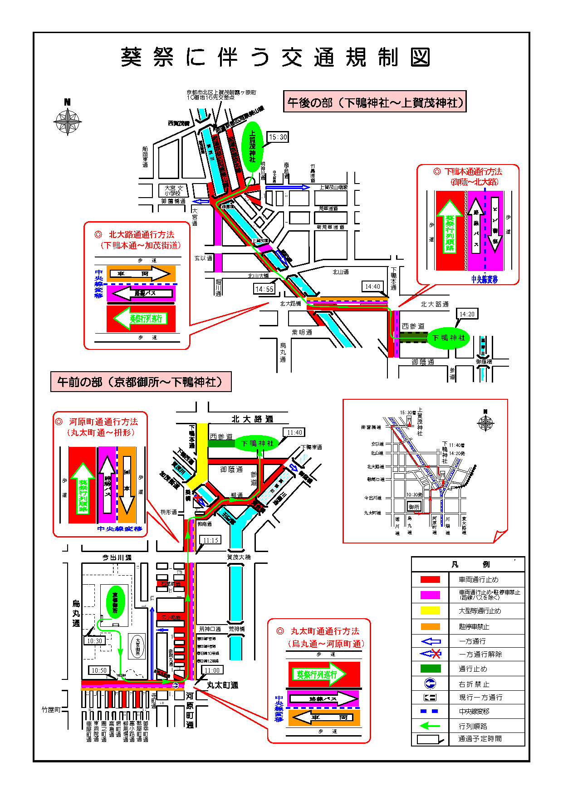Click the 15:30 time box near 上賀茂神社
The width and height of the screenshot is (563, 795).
278,137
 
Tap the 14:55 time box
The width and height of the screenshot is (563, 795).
264,289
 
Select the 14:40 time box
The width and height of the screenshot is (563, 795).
372,286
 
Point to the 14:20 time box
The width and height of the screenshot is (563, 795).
467,314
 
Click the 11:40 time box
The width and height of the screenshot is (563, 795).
294,432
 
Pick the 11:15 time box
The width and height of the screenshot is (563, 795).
211,540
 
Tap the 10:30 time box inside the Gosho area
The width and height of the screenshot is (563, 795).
94,641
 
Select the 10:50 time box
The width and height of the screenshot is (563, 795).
99,670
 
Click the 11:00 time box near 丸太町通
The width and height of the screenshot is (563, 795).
212,670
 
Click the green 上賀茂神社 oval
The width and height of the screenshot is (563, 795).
252,146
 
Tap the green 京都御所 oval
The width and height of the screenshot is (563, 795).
115,602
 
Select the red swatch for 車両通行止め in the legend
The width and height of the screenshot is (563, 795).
430,579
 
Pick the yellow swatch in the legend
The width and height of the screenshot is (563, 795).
430,611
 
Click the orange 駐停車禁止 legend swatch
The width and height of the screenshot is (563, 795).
430,626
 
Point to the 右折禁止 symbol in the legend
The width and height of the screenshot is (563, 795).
430,684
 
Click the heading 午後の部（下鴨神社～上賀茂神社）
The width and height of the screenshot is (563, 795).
375,102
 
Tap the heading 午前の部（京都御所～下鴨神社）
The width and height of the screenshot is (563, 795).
141,382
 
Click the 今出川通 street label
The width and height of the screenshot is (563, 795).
117,557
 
